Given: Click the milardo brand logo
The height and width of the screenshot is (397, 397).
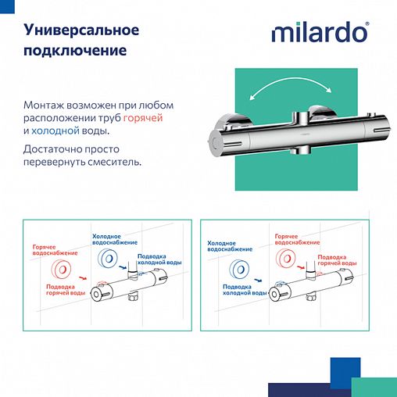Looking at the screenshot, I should tap(318, 34).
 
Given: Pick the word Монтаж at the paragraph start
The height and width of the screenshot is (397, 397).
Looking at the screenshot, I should tap(46, 104).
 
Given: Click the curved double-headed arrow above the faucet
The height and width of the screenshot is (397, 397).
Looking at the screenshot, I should tap(296, 88).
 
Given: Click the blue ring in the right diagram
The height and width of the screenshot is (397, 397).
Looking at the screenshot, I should tap(239, 270).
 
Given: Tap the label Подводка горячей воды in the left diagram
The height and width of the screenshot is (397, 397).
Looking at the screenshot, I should tap(66, 290).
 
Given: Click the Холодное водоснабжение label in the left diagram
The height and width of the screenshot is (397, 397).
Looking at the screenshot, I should tap(116, 238).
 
